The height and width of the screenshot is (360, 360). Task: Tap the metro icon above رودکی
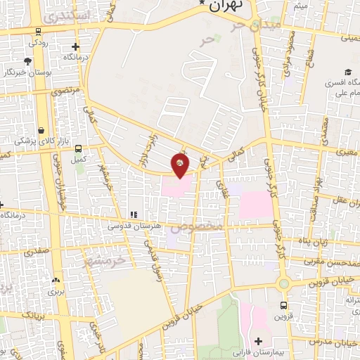pyautogui.click(x=37, y=30)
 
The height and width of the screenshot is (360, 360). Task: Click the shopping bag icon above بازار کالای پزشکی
pyautogui.click(x=42, y=131)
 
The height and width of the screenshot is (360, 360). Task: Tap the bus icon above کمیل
pyautogui.click(x=78, y=148)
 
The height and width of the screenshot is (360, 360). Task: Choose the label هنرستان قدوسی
pyautogui.click(x=131, y=226)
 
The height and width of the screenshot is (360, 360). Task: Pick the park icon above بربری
pyautogui.click(x=56, y=280)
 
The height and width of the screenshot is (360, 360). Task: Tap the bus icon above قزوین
pyautogui.click(x=283, y=305)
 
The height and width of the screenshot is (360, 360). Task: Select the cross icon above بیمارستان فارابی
pyautogui.click(x=259, y=340)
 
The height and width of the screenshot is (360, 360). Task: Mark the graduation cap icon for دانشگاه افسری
pyautogui.click(x=347, y=72)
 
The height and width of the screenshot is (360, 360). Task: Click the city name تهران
pyautogui.click(x=225, y=5)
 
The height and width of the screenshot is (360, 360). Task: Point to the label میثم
pyautogui.click(x=300, y=6)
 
